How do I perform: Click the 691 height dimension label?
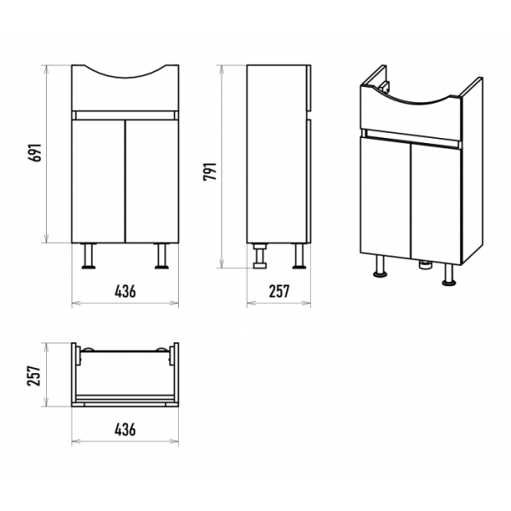pyautogui.click(x=35, y=152)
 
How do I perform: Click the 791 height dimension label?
pyautogui.click(x=210, y=171)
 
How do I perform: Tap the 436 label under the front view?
pyautogui.click(x=125, y=291)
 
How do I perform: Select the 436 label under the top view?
pyautogui.click(x=125, y=430)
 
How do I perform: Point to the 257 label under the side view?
pyautogui.click(x=279, y=291)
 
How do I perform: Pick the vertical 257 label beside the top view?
pyautogui.click(x=35, y=376)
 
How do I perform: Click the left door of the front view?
pyautogui.click(x=99, y=181)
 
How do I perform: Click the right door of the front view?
pyautogui.click(x=152, y=181)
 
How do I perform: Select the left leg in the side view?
pyautogui.click(x=260, y=256)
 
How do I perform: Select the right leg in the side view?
pyautogui.click(x=299, y=256)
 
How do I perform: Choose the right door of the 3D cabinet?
pyautogui.click(x=436, y=204)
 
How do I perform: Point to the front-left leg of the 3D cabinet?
pyautogui.click(x=379, y=266)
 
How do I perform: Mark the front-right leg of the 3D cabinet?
pyautogui.click(x=449, y=274)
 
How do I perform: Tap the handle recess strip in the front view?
pyautogui.click(x=125, y=115)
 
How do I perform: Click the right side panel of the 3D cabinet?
pyautogui.click(x=472, y=169)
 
